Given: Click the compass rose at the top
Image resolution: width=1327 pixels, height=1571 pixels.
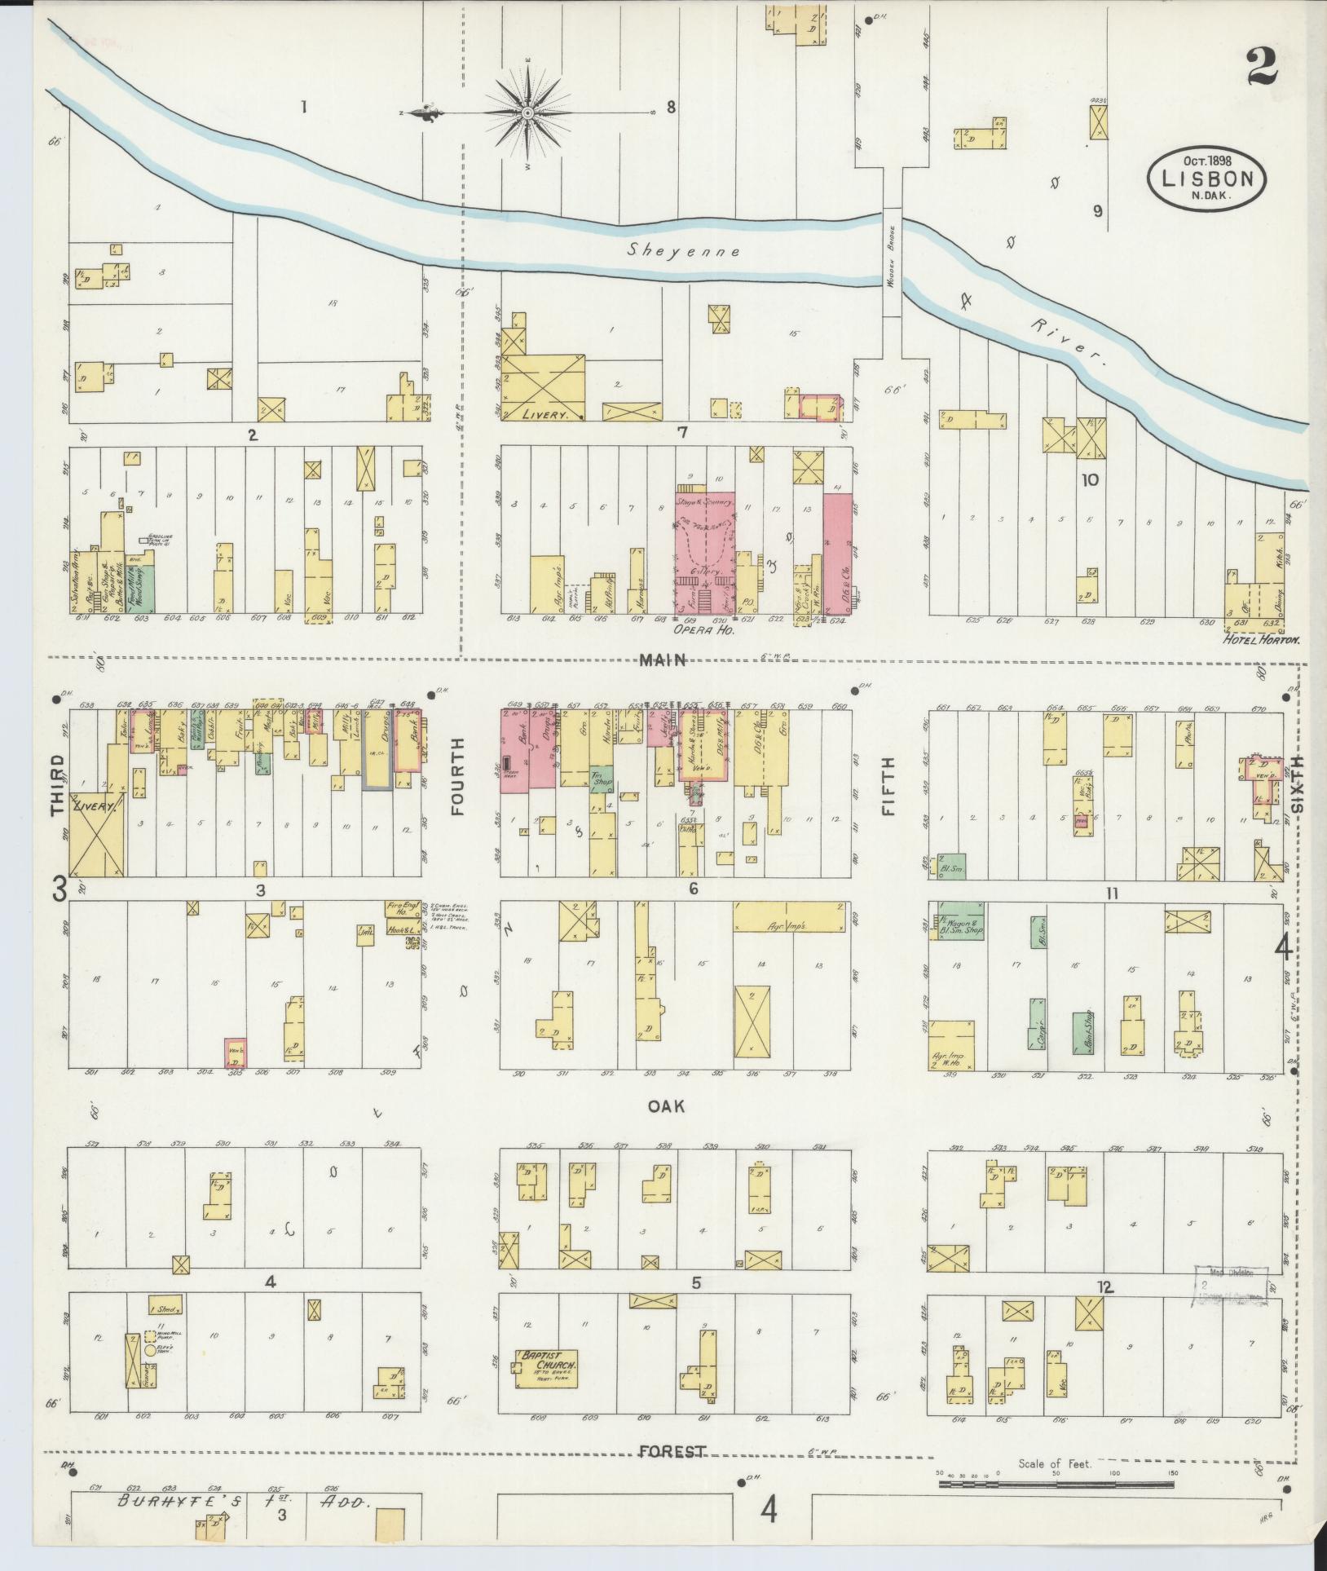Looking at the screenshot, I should click(x=527, y=112).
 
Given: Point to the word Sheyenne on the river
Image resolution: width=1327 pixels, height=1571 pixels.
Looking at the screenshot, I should click(x=684, y=251).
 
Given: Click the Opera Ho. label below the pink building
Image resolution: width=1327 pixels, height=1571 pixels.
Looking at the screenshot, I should click(x=700, y=629).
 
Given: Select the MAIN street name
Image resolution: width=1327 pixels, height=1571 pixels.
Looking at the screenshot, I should click(x=662, y=660).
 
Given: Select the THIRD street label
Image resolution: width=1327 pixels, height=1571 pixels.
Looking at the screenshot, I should click(x=57, y=784).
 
